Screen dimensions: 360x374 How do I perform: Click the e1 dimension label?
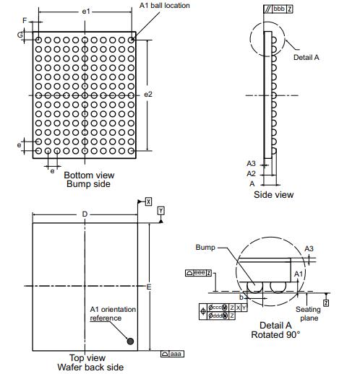(x=86, y=12)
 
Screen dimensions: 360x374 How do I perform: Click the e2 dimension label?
(x=148, y=95)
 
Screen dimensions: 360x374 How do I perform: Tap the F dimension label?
(x=25, y=21)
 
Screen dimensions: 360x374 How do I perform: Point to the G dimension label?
(x=20, y=35)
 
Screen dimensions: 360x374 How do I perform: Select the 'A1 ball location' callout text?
(x=165, y=5)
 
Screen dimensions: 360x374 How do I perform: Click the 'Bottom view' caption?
(x=89, y=175)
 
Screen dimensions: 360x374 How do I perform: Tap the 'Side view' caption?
(x=274, y=194)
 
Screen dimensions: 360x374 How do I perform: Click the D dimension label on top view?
(x=85, y=214)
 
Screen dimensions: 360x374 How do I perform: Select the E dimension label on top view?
(x=149, y=287)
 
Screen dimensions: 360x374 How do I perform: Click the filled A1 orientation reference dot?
(x=130, y=341)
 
